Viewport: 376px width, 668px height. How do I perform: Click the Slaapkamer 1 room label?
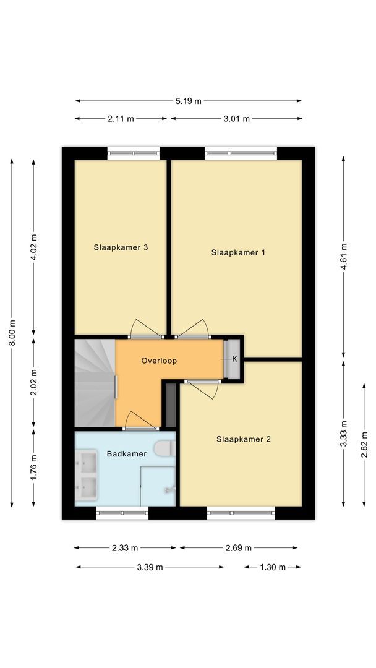tap(238, 252)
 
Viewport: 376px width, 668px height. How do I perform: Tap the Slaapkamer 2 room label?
tap(244, 439)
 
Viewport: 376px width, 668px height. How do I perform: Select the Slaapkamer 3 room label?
tap(121, 247)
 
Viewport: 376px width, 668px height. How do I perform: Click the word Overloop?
tap(159, 361)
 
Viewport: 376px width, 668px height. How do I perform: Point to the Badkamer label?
tap(126, 453)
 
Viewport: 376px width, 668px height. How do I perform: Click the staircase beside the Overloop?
tap(95, 383)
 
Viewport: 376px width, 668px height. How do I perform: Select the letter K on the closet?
tap(234, 359)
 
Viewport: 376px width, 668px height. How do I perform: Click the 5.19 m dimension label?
tap(189, 101)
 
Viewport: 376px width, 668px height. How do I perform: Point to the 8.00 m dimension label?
tap(12, 334)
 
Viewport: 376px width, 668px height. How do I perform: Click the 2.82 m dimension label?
tap(363, 444)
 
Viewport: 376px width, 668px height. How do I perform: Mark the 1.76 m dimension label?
tap(35, 468)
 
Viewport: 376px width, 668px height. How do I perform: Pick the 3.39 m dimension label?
tap(150, 567)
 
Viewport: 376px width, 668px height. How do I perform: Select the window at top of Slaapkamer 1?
tap(241, 153)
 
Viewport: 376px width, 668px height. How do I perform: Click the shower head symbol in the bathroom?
tap(168, 490)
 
